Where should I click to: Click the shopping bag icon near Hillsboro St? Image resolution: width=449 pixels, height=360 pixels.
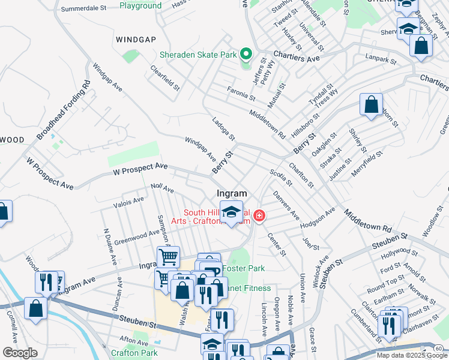click(x=372, y=104)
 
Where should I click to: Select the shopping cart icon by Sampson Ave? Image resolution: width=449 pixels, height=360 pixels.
click(x=168, y=257)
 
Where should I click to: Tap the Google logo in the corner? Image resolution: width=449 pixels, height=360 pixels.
click(x=19, y=353)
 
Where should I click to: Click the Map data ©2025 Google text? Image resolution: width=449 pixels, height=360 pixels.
click(x=411, y=355)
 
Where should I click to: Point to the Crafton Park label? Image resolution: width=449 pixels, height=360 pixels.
click(x=134, y=353)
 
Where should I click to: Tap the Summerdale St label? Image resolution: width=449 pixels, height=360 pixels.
click(x=87, y=10)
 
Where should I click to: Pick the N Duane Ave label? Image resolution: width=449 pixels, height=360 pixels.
click(x=109, y=247)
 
